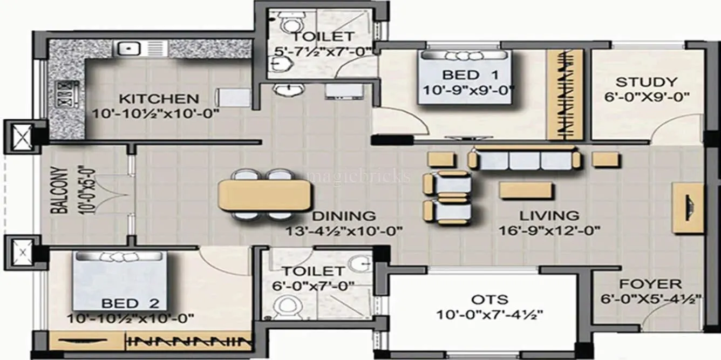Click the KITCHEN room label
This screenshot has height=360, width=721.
click(159, 99)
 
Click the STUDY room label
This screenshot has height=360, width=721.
click(646, 83)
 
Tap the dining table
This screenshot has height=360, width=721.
click(265, 195)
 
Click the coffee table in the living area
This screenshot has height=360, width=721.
click(526, 191)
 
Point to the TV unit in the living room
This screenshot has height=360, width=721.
click(688, 208)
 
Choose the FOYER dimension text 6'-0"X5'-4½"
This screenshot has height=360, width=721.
click(650, 298)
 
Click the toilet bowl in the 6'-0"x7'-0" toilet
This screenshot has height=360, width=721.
click(285, 308)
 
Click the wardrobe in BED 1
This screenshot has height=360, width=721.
click(565, 94)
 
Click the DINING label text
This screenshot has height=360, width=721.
click(344, 216)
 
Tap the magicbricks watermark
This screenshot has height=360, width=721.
click(358, 176)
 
